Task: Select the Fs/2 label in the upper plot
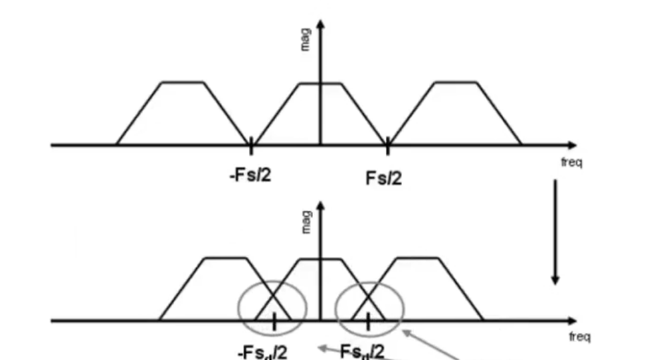(x=384, y=177)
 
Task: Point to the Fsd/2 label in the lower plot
(x=361, y=351)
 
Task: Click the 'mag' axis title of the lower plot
(x=305, y=222)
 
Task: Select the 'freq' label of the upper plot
(x=571, y=161)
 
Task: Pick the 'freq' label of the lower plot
(x=579, y=337)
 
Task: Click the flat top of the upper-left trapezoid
(x=183, y=82)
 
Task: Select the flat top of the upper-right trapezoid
(x=455, y=82)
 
